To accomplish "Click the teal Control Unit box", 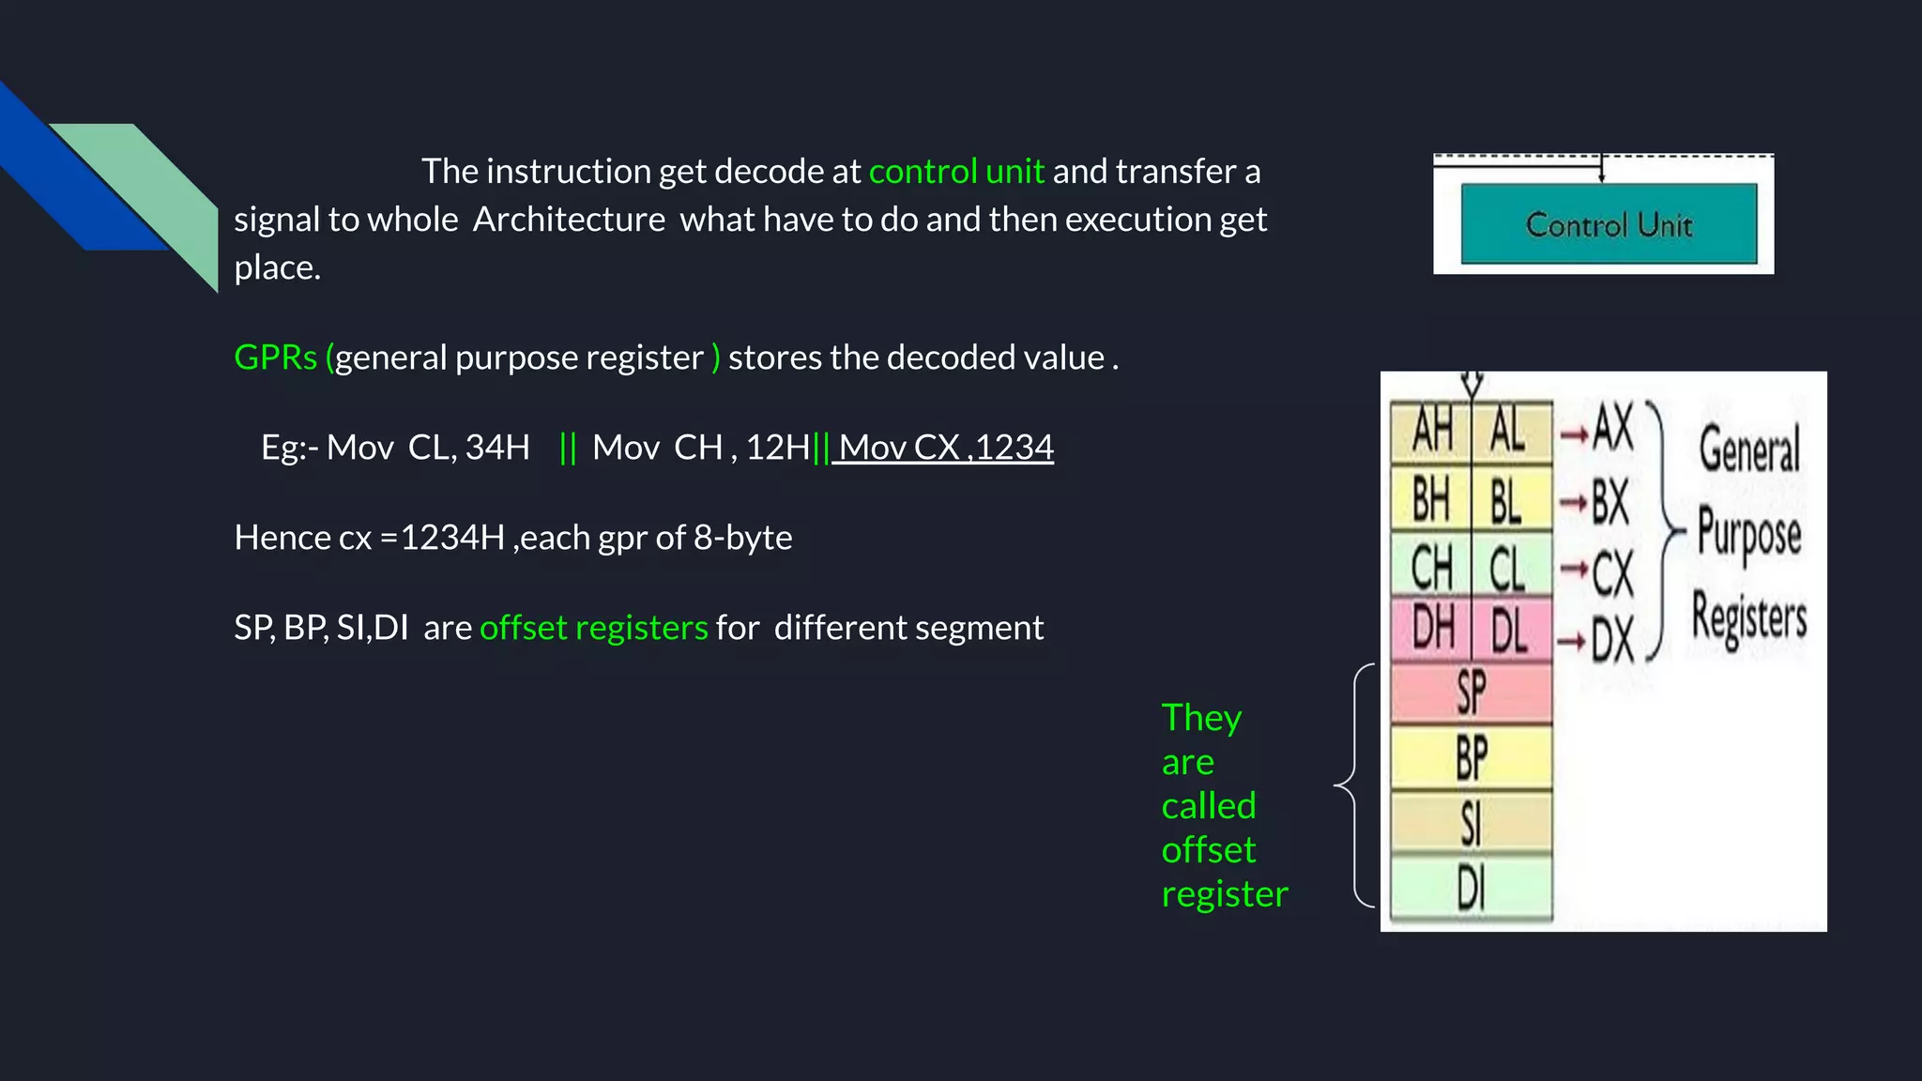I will click(1609, 224).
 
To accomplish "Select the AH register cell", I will click(1431, 432).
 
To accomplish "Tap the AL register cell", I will click(1509, 432).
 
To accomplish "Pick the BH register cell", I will click(1431, 500).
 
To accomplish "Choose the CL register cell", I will click(1509, 569).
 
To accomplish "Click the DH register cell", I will click(1431, 630).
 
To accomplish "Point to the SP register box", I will click(1471, 693).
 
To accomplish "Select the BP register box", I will click(1471, 757).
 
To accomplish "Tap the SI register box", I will click(1471, 823).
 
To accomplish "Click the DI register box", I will click(1471, 887).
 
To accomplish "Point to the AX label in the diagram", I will click(1613, 429).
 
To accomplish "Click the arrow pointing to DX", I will click(1572, 642).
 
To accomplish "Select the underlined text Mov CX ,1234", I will click(945, 448).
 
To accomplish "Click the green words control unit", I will click(956, 172).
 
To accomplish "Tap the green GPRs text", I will click(275, 358).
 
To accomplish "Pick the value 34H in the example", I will click(497, 448).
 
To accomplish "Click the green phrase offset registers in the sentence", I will click(593, 628).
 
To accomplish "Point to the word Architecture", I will click(569, 220).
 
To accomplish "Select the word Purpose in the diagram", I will click(1749, 532).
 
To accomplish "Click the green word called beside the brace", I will click(1208, 806).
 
